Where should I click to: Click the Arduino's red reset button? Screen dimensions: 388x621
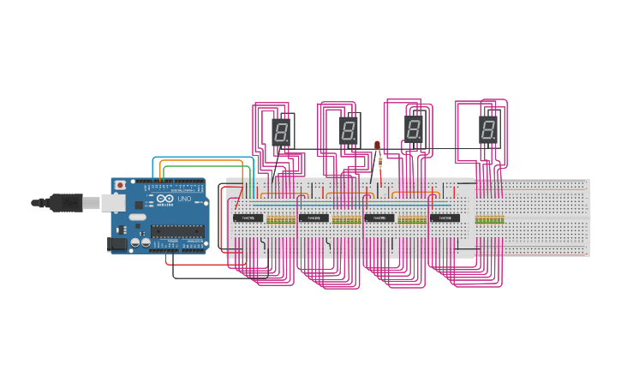click(120, 185)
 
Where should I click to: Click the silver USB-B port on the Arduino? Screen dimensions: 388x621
click(113, 202)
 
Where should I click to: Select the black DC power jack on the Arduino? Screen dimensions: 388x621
click(117, 244)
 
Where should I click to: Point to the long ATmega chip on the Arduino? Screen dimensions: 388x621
click(178, 230)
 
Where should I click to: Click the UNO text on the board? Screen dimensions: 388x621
click(184, 200)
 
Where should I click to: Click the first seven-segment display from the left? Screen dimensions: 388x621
click(281, 132)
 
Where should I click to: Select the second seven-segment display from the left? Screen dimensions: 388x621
click(348, 131)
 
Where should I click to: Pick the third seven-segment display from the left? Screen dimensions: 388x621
click(414, 129)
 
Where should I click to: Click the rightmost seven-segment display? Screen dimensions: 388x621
click(488, 130)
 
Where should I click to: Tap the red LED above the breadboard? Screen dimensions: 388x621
click(377, 145)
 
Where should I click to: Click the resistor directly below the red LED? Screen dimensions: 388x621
click(379, 161)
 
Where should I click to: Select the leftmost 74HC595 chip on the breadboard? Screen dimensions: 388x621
click(248, 218)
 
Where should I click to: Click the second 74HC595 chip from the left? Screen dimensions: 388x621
click(313, 218)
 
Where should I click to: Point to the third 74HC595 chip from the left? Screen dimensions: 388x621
click(379, 218)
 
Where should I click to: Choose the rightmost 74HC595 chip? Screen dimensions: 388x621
click(445, 218)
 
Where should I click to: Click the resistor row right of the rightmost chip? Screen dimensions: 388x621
click(489, 219)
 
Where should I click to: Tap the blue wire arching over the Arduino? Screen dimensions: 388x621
click(202, 158)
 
